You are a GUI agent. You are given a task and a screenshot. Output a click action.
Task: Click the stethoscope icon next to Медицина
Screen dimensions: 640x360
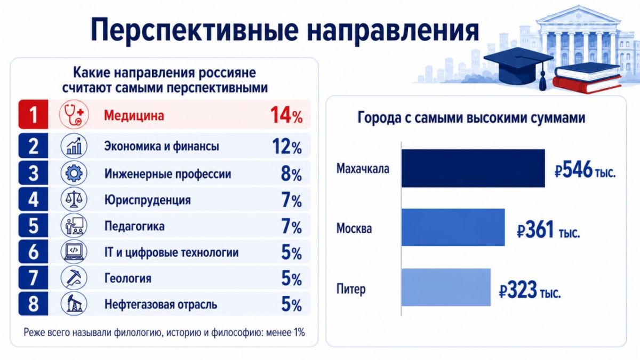pyautogui.click(x=74, y=114)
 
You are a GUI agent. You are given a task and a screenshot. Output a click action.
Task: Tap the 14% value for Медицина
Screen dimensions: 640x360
pyautogui.click(x=286, y=115)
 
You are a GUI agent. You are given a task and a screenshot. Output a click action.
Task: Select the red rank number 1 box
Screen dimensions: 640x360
pyautogui.click(x=33, y=114)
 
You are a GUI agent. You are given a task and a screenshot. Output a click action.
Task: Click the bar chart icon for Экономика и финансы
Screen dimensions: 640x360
pyautogui.click(x=74, y=146)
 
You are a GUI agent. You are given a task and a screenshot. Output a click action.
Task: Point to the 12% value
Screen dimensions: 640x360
pyautogui.click(x=287, y=147)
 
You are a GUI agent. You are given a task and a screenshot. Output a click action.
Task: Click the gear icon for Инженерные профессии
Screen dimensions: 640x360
pyautogui.click(x=74, y=173)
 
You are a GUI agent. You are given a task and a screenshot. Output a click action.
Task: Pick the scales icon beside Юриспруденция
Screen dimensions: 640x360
pyautogui.click(x=74, y=199)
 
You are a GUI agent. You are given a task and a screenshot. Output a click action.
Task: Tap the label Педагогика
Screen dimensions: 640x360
pyautogui.click(x=134, y=226)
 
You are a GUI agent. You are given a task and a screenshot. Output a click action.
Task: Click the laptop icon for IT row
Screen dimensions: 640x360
pyautogui.click(x=74, y=251)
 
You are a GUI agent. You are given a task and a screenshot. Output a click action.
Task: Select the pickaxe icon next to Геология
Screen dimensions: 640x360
pyautogui.click(x=74, y=277)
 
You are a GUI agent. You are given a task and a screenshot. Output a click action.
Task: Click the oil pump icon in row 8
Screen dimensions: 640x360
pyautogui.click(x=74, y=303)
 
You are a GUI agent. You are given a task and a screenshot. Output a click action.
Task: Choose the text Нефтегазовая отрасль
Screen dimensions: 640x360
pyautogui.click(x=161, y=305)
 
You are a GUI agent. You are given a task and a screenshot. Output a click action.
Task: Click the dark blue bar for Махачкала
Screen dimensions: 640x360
pyautogui.click(x=473, y=169)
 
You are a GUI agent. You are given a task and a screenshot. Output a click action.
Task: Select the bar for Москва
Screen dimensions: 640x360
pyautogui.click(x=453, y=227)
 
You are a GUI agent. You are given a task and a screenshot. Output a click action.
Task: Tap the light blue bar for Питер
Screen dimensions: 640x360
pyautogui.click(x=446, y=287)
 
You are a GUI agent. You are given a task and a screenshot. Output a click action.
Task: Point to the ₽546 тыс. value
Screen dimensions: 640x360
pyautogui.click(x=585, y=170)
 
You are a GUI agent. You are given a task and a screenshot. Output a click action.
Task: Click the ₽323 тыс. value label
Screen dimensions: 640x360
pyautogui.click(x=530, y=290)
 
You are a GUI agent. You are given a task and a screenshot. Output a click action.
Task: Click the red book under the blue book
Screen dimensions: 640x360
pyautogui.click(x=587, y=84)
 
